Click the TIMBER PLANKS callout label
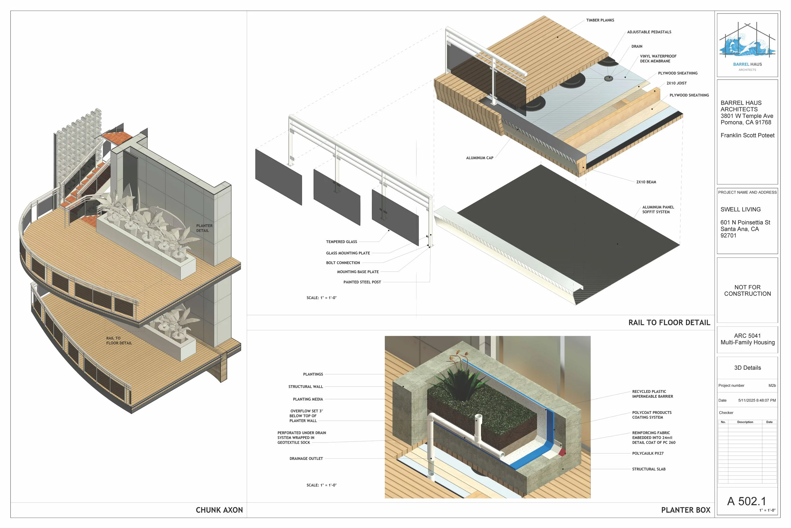point(600,20)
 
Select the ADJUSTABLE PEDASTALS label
point(649,32)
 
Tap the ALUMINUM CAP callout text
point(480,158)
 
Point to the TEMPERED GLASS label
point(341,242)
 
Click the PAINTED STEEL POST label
point(362,282)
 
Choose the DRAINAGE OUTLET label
point(306,459)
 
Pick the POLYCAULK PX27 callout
point(648,454)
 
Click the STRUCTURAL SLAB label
point(649,469)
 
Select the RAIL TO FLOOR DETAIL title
point(669,322)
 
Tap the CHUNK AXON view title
point(219,510)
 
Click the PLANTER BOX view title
point(686,510)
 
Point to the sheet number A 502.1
point(746,501)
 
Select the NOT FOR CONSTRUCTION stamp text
point(747,290)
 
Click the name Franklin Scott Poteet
point(747,135)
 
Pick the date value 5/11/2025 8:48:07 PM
point(757,400)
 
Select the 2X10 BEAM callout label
point(646,182)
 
